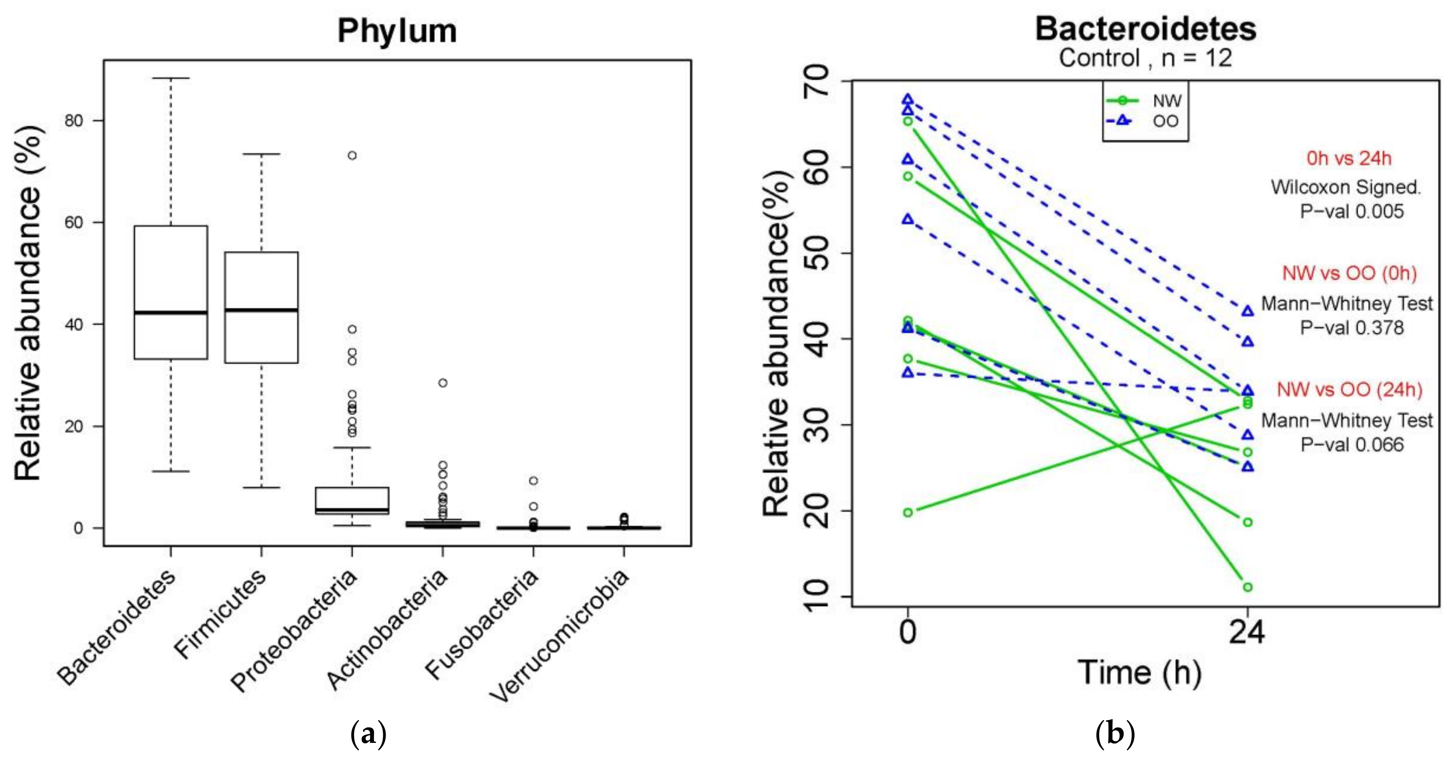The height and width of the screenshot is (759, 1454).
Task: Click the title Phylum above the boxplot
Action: [397, 31]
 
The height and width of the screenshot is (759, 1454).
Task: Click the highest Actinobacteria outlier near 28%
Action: [443, 383]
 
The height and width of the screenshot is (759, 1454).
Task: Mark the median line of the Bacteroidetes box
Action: [171, 312]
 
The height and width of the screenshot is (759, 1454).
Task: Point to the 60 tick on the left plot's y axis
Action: [73, 222]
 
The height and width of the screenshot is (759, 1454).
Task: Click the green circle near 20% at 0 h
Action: [908, 513]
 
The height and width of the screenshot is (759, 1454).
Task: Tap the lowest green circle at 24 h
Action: [1247, 587]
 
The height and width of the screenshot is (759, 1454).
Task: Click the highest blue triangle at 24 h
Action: [1247, 311]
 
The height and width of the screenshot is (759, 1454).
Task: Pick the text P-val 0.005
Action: [1351, 212]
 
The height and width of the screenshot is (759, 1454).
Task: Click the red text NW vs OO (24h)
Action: [1349, 389]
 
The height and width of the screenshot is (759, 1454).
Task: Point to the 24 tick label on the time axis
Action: [1247, 632]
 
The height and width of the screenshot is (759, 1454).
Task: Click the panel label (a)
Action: [368, 733]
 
